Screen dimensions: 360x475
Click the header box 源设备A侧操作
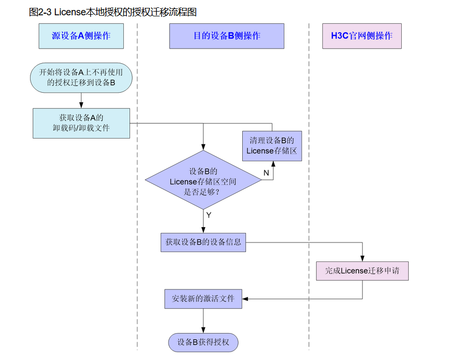(x=81, y=36)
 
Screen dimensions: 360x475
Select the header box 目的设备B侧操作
(x=226, y=36)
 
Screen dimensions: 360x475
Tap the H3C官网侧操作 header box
(x=362, y=36)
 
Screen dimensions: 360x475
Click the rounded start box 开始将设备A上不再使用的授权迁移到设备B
(x=81, y=77)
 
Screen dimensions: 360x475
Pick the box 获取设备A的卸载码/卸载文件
(x=81, y=123)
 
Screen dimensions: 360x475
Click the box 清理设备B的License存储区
(x=272, y=146)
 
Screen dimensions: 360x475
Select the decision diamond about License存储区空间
(x=203, y=180)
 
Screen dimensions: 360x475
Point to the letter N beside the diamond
(x=266, y=173)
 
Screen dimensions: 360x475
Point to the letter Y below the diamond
(x=209, y=216)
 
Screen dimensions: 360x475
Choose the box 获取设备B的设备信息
(x=203, y=242)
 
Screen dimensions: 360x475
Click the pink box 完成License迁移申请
(x=362, y=271)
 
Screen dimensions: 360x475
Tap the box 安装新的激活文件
(x=203, y=299)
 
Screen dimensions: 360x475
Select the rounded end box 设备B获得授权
(x=203, y=343)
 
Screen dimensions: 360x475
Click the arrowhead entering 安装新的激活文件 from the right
(x=245, y=299)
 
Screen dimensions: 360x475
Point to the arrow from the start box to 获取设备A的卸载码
(x=81, y=100)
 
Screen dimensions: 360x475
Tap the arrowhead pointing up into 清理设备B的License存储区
(x=273, y=164)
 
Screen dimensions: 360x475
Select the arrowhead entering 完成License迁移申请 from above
(x=362, y=259)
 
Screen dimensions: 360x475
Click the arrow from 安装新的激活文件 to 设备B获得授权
(x=203, y=321)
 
